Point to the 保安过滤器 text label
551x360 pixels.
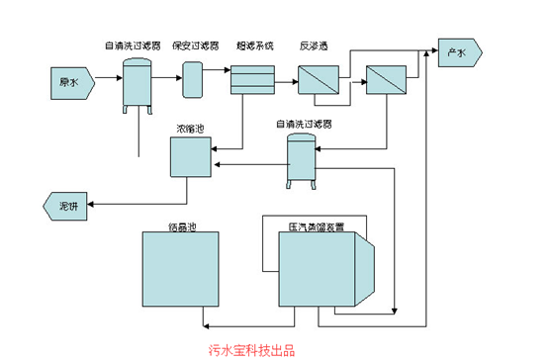[x=194, y=45]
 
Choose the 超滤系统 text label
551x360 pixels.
[x=254, y=45]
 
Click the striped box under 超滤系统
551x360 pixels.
[x=252, y=80]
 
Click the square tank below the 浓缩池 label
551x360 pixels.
[x=191, y=157]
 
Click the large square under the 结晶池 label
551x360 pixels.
[x=183, y=272]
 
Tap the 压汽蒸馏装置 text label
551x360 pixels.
[x=317, y=227]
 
